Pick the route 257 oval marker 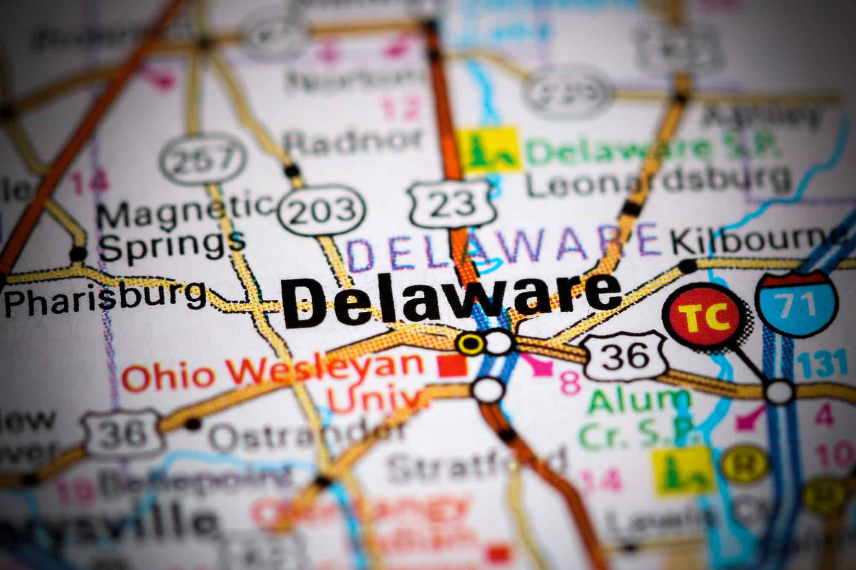click(204, 159)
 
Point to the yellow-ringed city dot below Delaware click(470, 343)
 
